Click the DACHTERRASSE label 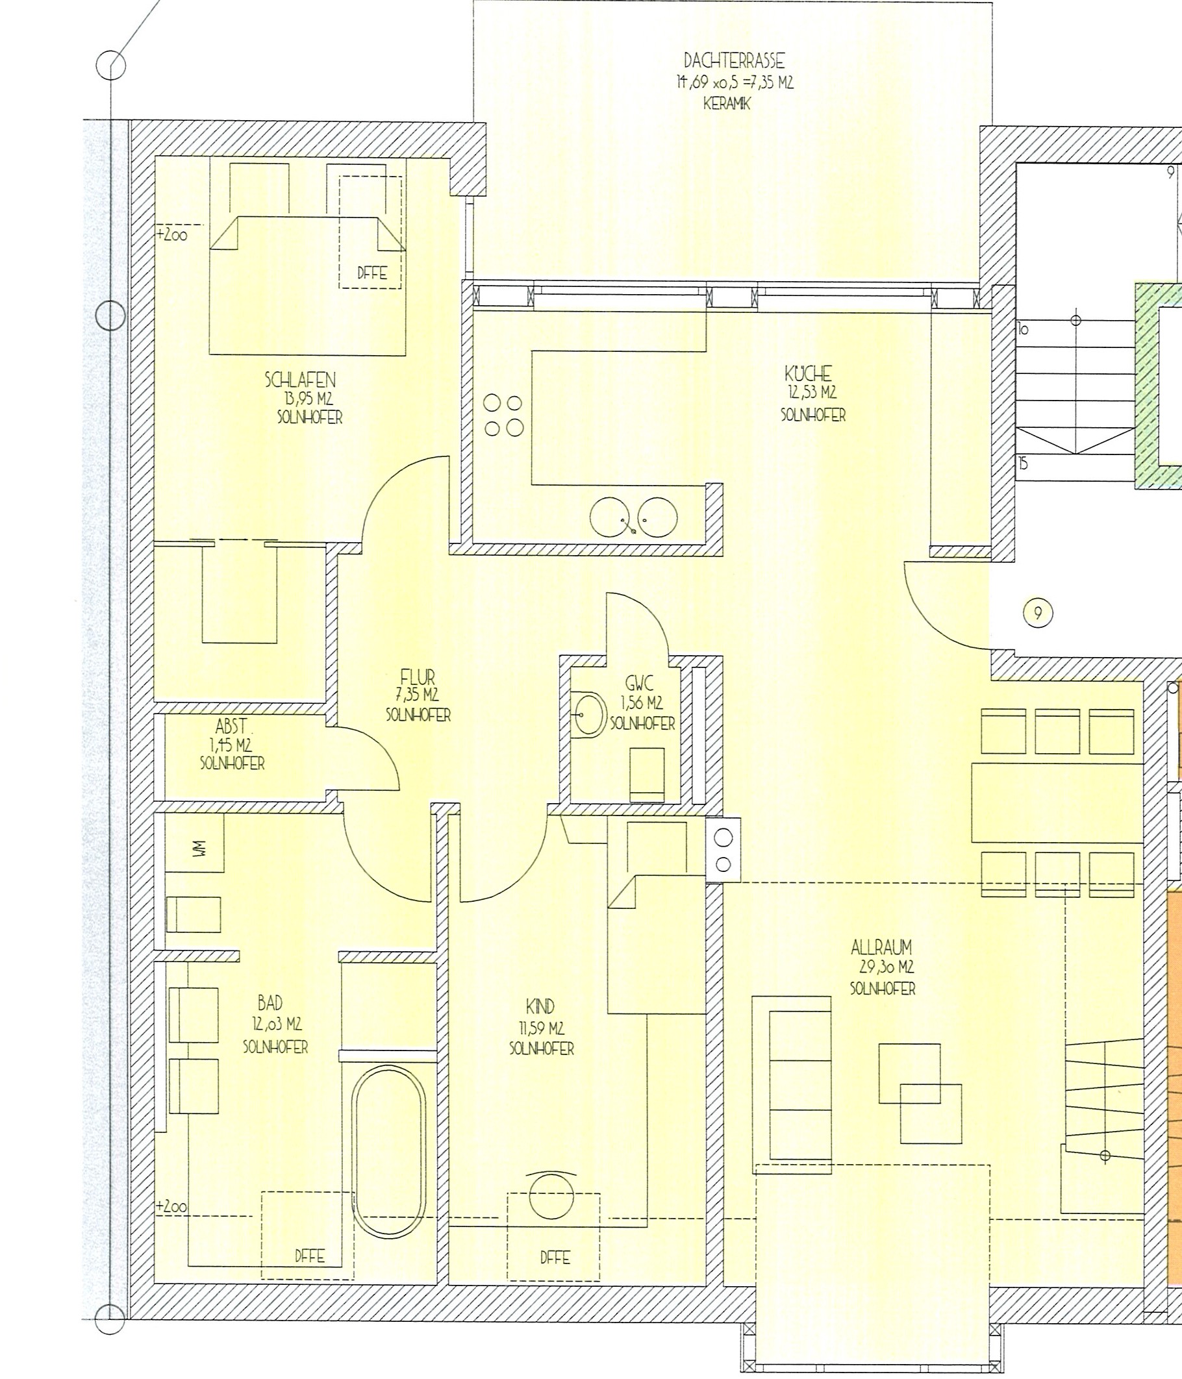(x=734, y=61)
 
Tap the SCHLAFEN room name (x=300, y=380)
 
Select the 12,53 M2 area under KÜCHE (x=811, y=393)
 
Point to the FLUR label (x=418, y=678)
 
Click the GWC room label (x=639, y=683)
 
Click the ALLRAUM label (x=881, y=947)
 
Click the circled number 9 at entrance (x=1037, y=613)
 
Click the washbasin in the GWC (x=587, y=715)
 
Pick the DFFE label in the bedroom (x=371, y=272)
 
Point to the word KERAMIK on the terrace (x=727, y=105)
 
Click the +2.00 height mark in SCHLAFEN (x=172, y=235)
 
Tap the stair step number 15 (x=1023, y=463)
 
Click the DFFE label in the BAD (x=310, y=1256)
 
